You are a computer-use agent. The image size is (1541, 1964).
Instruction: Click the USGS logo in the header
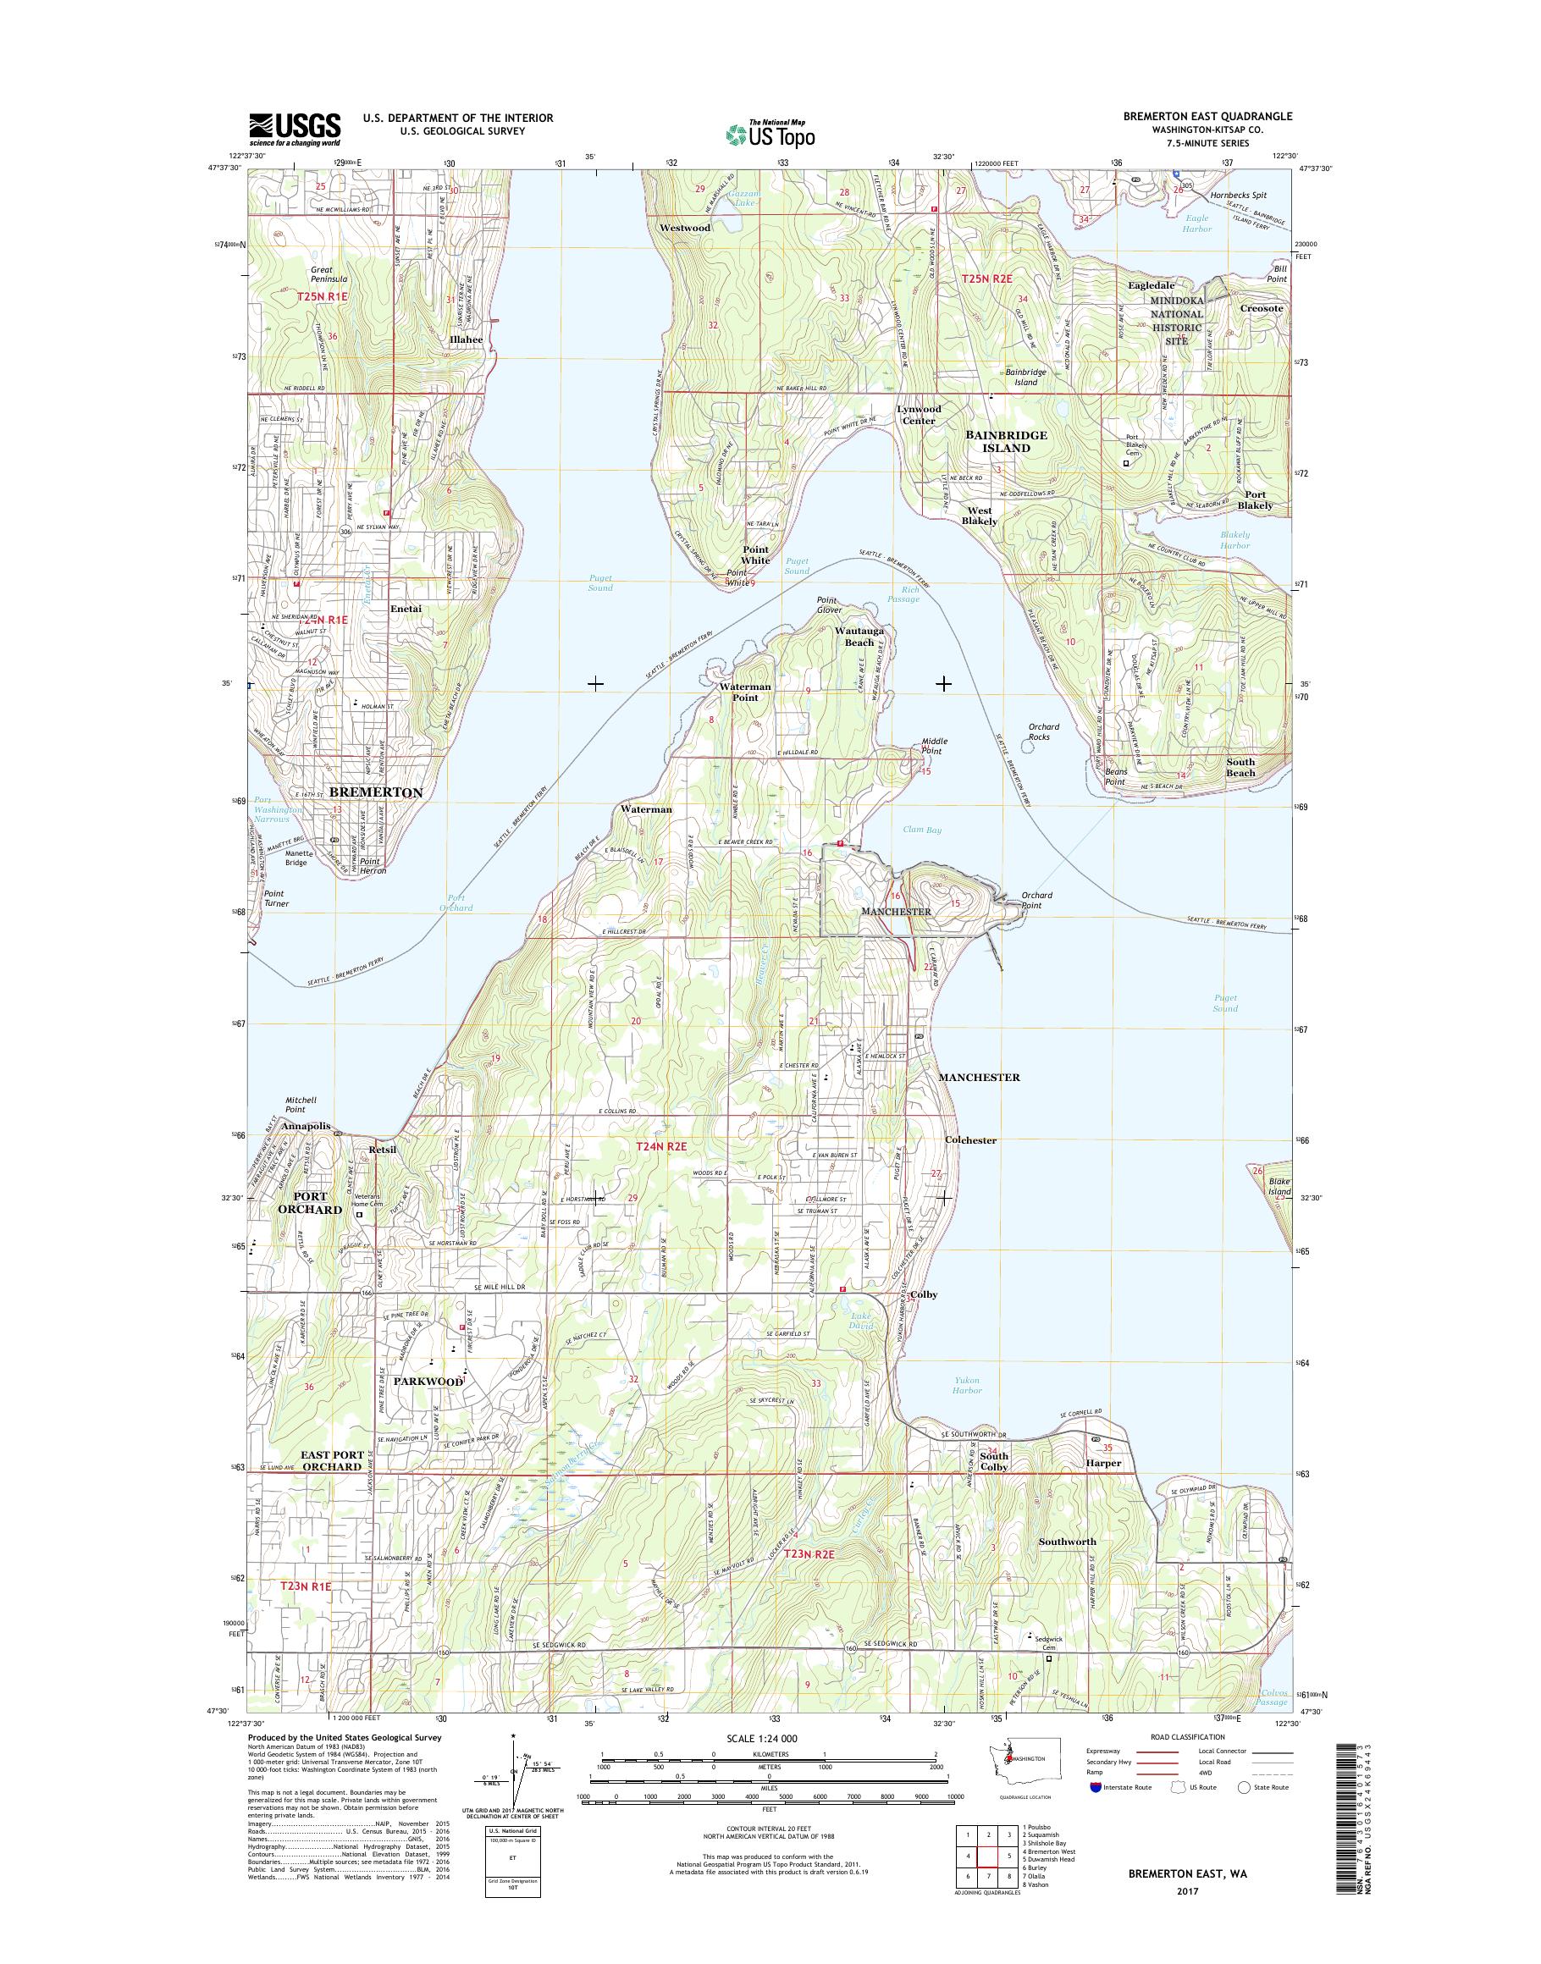[x=295, y=129]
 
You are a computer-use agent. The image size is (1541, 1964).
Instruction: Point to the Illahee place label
[x=467, y=339]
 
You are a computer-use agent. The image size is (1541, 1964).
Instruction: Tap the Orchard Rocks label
[x=1043, y=731]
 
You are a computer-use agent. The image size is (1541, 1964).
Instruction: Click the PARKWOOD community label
[x=428, y=1382]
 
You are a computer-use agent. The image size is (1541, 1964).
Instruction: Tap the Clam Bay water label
[x=921, y=829]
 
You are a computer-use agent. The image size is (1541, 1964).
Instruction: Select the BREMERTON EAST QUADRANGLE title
[x=1207, y=116]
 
